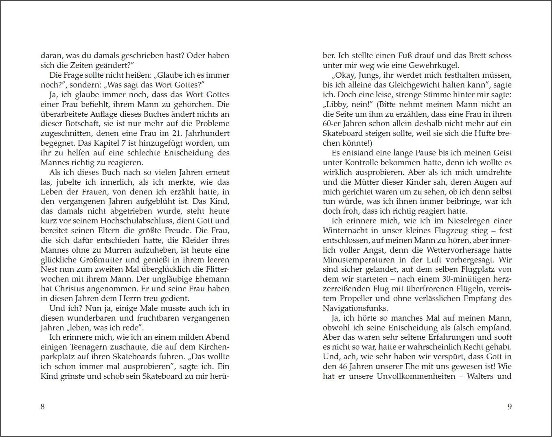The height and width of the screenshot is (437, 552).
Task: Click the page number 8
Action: click(43, 406)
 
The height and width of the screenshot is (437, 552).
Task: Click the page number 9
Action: click(509, 406)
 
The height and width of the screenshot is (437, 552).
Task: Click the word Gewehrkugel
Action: click(433, 66)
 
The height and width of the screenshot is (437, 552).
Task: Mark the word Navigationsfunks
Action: click(355, 308)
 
